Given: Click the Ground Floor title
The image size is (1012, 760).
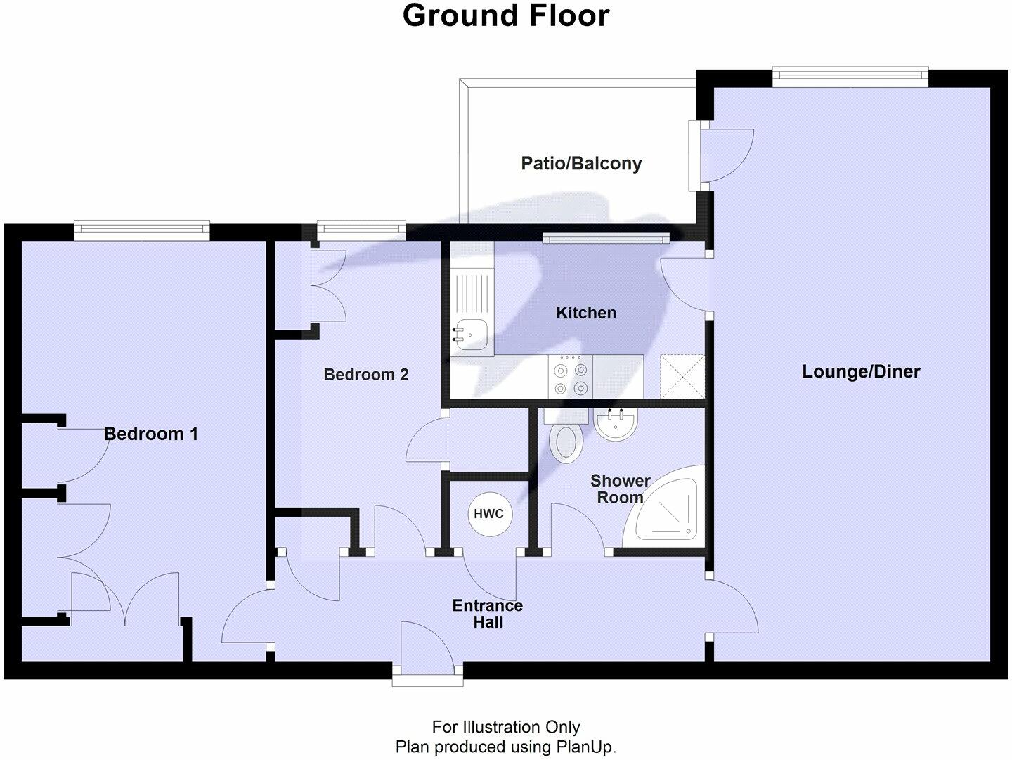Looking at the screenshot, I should click(x=505, y=15).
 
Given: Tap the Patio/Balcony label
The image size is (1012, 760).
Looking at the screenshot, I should click(x=581, y=164).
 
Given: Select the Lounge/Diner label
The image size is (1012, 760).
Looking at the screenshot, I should click(x=861, y=372).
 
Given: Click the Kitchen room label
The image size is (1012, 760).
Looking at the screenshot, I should click(x=585, y=313).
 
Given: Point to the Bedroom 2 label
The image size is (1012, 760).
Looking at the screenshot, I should click(x=365, y=375).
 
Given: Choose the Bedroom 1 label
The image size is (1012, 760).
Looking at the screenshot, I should click(x=150, y=434).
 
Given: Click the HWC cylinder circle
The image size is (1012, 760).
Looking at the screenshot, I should click(x=488, y=514).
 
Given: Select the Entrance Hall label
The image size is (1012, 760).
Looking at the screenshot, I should click(x=487, y=614).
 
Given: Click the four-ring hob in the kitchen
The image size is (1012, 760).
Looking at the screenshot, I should click(x=570, y=378).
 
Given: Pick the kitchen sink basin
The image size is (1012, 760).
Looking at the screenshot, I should click(x=469, y=333).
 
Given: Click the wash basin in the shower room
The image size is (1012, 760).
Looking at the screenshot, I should click(x=615, y=425).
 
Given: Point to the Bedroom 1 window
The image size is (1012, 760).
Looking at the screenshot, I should click(x=142, y=228).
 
